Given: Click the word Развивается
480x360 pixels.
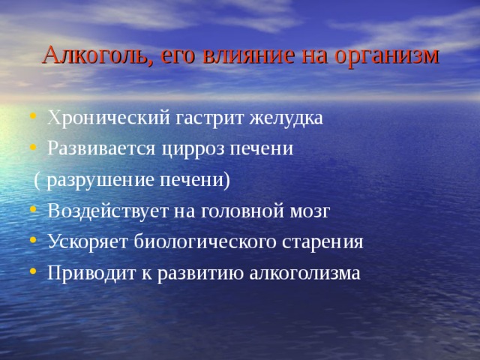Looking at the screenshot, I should [101, 148].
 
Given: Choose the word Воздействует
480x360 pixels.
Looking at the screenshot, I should [103, 211].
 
